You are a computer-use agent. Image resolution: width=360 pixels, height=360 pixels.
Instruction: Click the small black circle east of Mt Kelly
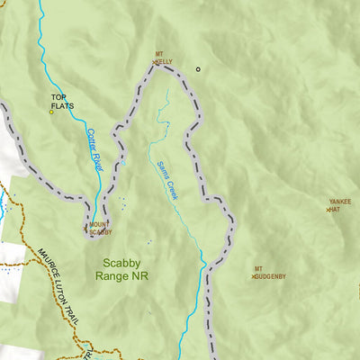[198, 68]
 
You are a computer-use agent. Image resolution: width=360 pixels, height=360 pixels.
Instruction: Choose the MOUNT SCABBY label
[101, 229]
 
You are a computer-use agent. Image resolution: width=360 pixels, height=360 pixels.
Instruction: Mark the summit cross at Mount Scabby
[86, 228]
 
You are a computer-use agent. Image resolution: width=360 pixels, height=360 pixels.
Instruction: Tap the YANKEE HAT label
[340, 205]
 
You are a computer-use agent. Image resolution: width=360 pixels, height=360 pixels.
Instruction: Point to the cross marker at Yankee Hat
[328, 210]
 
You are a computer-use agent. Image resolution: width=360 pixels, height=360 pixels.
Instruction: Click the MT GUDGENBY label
[270, 273]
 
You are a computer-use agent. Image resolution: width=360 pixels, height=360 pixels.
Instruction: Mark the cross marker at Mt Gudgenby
[253, 276]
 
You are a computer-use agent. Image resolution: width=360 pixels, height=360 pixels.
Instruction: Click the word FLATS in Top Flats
[62, 105]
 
